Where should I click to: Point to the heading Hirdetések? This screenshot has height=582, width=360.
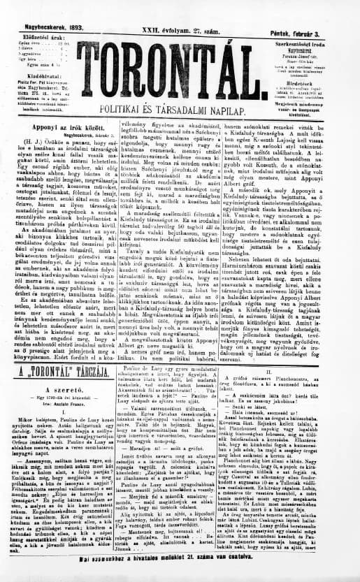(x=317, y=79)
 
